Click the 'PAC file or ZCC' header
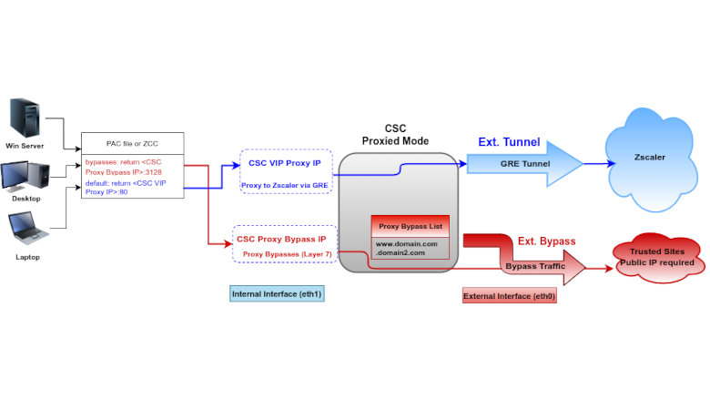click(133, 143)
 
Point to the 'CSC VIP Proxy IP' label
click(284, 163)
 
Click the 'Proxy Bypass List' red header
click(411, 225)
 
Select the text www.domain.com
click(407, 243)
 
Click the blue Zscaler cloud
click(650, 157)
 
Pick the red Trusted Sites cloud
click(657, 257)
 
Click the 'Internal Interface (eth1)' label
click(278, 294)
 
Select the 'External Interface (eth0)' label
click(509, 296)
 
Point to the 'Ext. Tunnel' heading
click(509, 142)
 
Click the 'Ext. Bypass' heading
click(546, 241)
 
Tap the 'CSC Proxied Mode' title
click(395, 135)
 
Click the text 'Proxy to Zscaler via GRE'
click(285, 185)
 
